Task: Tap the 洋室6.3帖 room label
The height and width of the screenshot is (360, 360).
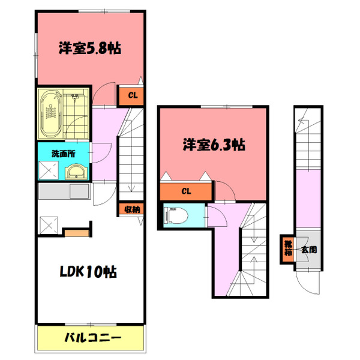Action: (214, 145)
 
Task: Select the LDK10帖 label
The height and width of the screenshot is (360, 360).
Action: (87, 272)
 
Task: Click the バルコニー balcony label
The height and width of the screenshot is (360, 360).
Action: (92, 337)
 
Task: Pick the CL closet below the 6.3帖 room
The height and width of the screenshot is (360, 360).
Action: (186, 192)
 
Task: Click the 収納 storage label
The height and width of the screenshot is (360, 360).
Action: (133, 209)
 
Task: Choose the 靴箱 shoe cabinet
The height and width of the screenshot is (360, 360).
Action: (288, 248)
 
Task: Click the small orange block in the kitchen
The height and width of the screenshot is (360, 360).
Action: (75, 230)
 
